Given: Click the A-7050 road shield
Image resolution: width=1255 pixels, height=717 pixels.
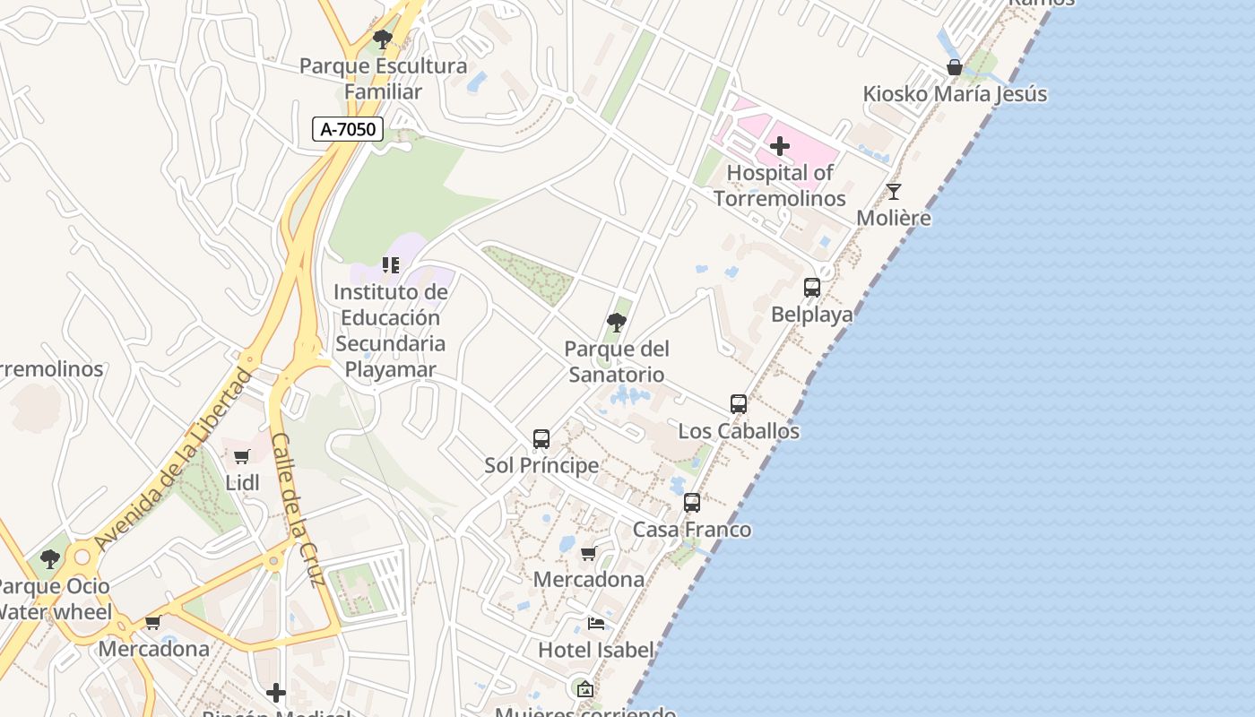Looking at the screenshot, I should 348,129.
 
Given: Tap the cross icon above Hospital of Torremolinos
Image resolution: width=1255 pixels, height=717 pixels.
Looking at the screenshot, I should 780,145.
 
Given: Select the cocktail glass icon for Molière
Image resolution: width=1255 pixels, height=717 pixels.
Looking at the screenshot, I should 894,191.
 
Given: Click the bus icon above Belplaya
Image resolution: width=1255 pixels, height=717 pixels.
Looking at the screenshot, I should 812,288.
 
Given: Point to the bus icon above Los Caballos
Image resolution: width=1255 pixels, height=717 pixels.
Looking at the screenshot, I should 739,404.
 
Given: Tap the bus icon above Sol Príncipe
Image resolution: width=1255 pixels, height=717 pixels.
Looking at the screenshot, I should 541,439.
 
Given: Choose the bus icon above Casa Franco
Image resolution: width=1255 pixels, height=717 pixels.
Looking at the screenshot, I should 692,503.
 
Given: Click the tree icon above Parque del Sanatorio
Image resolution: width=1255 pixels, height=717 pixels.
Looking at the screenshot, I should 616,323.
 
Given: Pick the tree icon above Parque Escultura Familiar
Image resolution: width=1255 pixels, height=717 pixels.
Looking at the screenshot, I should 383,39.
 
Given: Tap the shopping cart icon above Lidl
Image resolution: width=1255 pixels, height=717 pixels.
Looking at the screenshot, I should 242,456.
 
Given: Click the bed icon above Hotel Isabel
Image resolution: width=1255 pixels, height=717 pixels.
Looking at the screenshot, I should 596,624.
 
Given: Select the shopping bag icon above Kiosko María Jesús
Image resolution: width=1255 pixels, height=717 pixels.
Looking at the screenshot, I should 955,67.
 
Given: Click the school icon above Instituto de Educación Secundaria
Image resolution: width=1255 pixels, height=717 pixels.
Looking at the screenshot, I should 391,264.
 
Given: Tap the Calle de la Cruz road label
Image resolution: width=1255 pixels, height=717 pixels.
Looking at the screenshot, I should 297,509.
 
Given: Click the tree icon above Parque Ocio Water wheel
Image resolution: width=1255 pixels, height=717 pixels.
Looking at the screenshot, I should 50,559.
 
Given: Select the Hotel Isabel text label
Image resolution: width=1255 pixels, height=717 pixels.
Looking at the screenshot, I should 595,650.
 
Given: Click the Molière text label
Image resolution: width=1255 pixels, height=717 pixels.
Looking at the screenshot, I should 894,218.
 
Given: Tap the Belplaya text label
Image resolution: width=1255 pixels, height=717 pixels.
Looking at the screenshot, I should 812,315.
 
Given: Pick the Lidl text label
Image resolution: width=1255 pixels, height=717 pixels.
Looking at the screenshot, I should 242,483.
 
